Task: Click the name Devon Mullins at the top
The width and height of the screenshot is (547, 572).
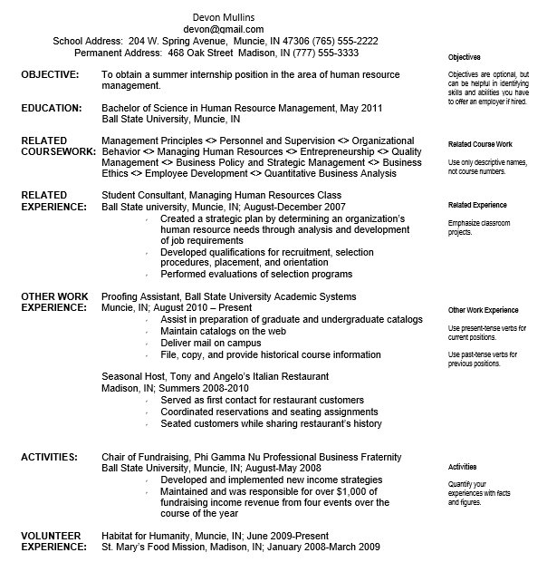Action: [x=229, y=17]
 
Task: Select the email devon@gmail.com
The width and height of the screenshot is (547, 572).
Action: [x=229, y=29]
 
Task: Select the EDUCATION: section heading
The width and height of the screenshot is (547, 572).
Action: [x=52, y=108]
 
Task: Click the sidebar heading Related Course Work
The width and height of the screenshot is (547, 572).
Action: [x=480, y=144]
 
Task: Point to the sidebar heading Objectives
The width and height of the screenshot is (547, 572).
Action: [x=465, y=57]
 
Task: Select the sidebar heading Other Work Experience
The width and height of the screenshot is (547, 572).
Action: [x=483, y=310]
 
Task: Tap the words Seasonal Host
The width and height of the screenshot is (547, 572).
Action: [x=132, y=376]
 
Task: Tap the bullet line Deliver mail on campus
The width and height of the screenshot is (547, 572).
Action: [x=210, y=343]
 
